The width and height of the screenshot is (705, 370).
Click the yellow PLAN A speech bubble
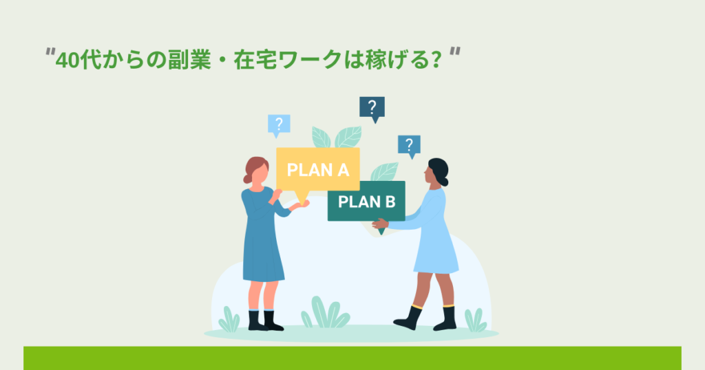pos(317,169)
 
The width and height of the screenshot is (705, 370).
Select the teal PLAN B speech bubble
pos(366,201)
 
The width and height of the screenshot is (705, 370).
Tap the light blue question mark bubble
pos(279,124)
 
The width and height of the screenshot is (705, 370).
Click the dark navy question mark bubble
pos(372,107)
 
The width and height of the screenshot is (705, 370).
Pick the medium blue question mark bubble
pos(409,145)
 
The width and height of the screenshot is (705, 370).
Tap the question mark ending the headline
pos(434,60)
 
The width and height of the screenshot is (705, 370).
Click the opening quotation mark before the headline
pos(50,54)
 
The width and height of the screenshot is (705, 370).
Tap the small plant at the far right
pos(474,320)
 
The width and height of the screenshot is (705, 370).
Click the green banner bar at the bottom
pos(352,358)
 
